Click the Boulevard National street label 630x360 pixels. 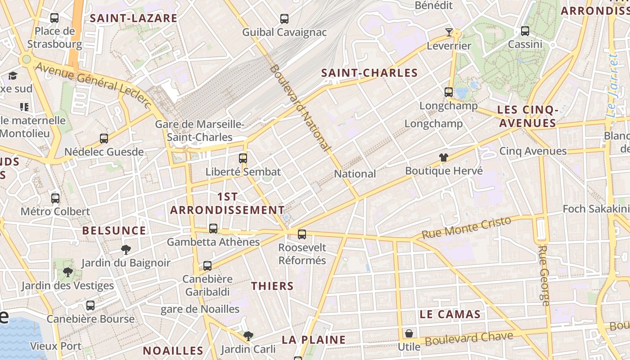[301, 108]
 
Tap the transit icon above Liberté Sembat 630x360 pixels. [243, 158]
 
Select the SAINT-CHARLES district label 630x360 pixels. [369, 73]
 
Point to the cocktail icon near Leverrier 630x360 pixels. [449, 32]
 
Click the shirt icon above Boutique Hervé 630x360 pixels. [444, 157]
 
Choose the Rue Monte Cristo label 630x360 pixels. [467, 228]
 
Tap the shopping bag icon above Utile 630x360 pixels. [409, 333]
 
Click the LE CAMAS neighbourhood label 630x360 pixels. [450, 315]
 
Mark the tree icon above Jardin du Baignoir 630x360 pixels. [126, 249]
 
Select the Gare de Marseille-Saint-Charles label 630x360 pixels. [199, 130]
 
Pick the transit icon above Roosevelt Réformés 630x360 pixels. [302, 234]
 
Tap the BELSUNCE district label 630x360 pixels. [114, 231]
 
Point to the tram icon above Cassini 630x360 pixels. [525, 31]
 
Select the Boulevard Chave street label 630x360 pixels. [469, 339]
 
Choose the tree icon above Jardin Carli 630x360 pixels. [248, 335]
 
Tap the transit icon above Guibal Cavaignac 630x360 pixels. [284, 19]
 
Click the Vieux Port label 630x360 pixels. [56, 346]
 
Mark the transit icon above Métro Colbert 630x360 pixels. [55, 198]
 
